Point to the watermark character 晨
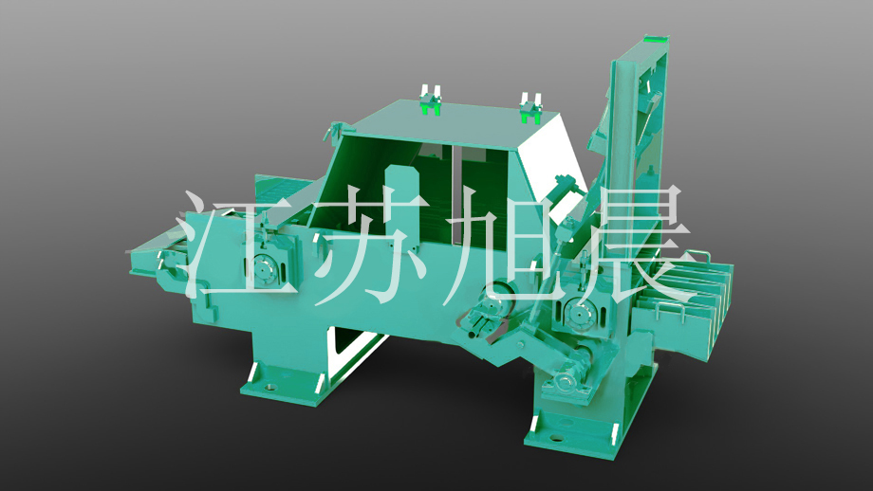pyautogui.click(x=629, y=245)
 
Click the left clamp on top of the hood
pyautogui.click(x=429, y=100)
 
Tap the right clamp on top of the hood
pyautogui.click(x=530, y=108)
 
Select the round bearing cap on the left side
pyautogui.click(x=262, y=267)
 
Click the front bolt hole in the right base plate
pyautogui.click(x=557, y=438)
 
